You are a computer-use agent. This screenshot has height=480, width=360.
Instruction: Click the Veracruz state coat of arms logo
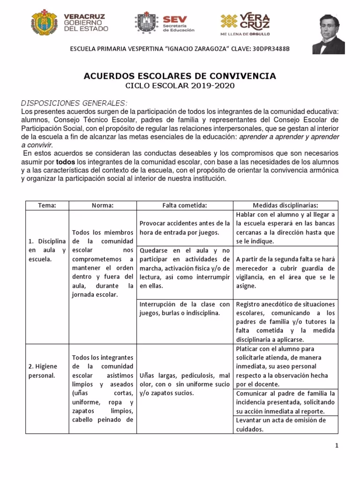[x=45, y=23]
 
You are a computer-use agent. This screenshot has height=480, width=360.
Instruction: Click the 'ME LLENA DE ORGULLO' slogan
[x=245, y=34]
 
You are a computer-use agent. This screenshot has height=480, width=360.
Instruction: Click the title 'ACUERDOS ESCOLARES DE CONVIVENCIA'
[x=180, y=76]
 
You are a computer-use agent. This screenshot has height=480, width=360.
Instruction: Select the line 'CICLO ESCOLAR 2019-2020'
[x=180, y=86]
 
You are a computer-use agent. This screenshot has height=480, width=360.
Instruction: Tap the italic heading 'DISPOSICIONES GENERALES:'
[x=74, y=103]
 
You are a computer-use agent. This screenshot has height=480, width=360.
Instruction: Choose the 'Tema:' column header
[x=47, y=205]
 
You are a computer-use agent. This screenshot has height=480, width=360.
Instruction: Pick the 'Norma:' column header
[x=103, y=205]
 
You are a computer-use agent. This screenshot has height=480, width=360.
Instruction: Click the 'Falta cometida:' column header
[x=184, y=205]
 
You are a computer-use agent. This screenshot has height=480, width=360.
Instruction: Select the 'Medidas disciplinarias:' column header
[x=285, y=205]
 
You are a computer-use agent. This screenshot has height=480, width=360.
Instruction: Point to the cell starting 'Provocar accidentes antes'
[x=184, y=227]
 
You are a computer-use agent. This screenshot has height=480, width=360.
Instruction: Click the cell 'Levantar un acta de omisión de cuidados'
[x=285, y=425]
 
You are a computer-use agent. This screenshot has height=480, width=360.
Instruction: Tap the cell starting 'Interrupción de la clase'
[x=184, y=308]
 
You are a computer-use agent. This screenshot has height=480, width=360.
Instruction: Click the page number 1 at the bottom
[x=337, y=446]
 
